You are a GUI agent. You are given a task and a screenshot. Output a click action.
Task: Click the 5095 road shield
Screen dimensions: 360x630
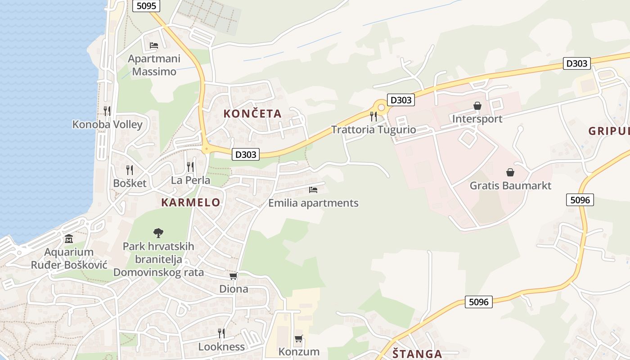146,6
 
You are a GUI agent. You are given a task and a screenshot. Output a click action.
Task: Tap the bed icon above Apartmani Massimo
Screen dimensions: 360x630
154,45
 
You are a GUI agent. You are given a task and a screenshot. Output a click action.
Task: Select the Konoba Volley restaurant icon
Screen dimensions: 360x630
107,111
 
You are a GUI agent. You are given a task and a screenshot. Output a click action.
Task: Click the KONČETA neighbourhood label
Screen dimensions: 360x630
252,114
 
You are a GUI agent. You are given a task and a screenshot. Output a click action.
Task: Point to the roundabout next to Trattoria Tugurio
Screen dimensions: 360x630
382,108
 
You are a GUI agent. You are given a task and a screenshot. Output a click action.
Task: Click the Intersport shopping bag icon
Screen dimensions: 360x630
477,106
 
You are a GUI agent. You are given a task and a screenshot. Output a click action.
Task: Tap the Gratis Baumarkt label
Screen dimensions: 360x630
510,185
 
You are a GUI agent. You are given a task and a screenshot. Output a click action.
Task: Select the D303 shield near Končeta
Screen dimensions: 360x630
246,154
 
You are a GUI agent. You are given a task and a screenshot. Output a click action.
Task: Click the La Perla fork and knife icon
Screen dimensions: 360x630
190,167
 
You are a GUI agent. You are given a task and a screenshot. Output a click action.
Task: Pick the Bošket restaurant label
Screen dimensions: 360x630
130,183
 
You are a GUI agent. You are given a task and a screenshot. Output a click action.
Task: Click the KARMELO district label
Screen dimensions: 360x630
191,202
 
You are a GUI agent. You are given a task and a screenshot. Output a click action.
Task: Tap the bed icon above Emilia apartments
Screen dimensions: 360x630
313,190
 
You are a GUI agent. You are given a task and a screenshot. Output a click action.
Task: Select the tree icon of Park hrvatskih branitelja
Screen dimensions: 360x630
158,233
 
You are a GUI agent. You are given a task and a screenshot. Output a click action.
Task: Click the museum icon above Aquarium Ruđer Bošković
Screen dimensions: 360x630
69,238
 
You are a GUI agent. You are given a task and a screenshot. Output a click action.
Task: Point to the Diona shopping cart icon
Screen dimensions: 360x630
233,276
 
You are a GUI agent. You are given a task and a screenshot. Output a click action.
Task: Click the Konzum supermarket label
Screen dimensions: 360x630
299,351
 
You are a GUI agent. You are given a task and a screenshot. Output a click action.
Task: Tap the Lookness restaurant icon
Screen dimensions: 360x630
221,333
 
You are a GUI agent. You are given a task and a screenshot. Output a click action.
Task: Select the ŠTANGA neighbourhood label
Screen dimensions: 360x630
417,354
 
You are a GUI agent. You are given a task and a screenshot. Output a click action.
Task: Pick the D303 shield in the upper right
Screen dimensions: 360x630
576,63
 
